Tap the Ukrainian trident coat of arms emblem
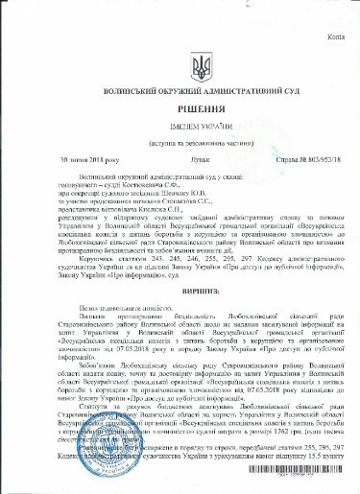coord(180,68)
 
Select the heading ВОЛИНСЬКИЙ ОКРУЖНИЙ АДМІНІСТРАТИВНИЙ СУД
coord(180,94)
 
